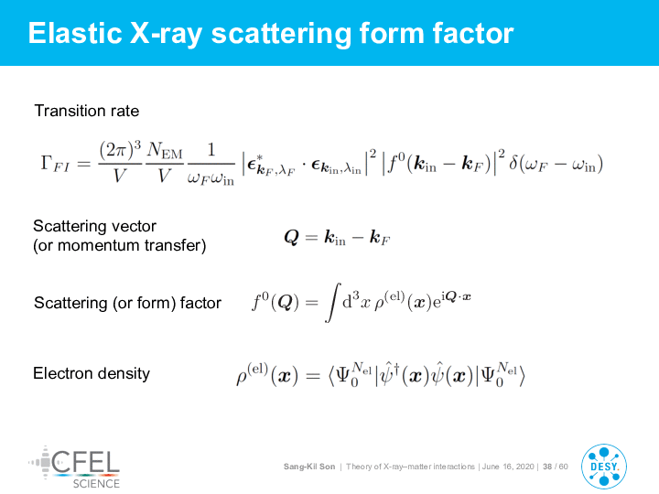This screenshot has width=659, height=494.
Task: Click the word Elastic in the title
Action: [75, 33]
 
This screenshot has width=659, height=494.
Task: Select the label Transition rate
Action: [87, 111]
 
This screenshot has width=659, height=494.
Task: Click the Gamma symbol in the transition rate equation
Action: [47, 162]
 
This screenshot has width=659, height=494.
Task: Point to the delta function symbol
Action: [513, 162]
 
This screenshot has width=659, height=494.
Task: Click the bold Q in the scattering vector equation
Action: [292, 237]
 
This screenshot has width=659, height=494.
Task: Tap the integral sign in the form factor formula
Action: [333, 303]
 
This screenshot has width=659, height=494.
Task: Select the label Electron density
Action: [92, 373]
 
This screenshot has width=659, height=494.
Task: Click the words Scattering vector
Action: [94, 226]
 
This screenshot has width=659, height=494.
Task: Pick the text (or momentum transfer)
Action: [120, 245]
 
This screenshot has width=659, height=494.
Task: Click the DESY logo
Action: [604, 467]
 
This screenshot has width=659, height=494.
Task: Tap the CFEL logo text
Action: [85, 462]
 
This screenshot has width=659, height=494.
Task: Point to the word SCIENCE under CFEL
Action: [96, 484]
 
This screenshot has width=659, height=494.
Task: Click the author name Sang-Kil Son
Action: [309, 467]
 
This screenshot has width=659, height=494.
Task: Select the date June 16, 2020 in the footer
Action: [508, 467]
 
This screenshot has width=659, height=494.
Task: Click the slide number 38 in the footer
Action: [547, 467]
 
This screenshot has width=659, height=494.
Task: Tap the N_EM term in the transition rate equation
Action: [165, 150]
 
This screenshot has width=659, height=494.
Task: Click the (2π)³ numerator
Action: [120, 149]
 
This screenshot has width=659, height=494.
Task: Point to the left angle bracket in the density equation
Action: [331, 376]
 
